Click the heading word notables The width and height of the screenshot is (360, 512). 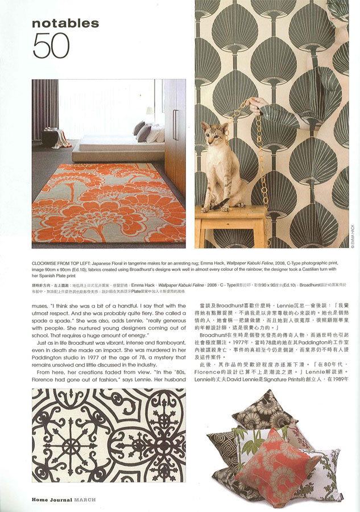click(x=65, y=23)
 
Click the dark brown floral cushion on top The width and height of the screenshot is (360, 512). click(x=264, y=411)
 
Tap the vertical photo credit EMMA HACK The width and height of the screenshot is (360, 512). click(x=352, y=233)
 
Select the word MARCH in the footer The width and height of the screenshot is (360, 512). click(x=85, y=500)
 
